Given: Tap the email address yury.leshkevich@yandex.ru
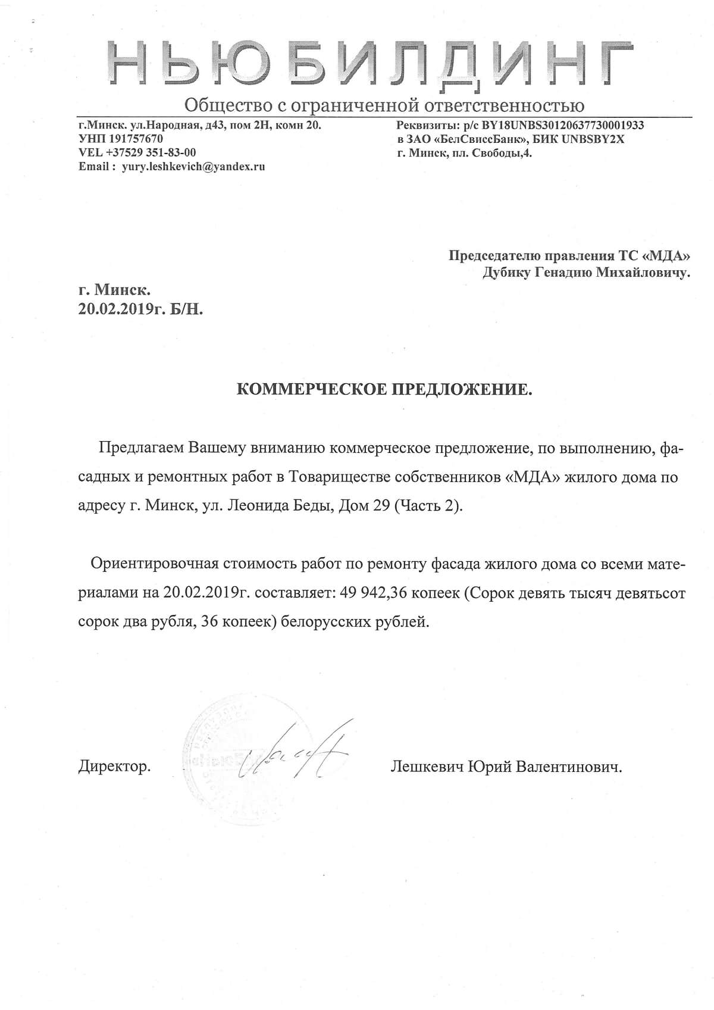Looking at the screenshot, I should point(193,167).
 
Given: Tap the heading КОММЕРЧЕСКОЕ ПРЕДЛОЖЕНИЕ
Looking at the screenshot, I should point(383,389).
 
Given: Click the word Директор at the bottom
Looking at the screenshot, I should point(114,767).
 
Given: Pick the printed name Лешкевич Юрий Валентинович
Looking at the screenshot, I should point(506,767).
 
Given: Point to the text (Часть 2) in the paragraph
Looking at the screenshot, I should point(427,506).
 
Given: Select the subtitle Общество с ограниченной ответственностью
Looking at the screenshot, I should point(384,105).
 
